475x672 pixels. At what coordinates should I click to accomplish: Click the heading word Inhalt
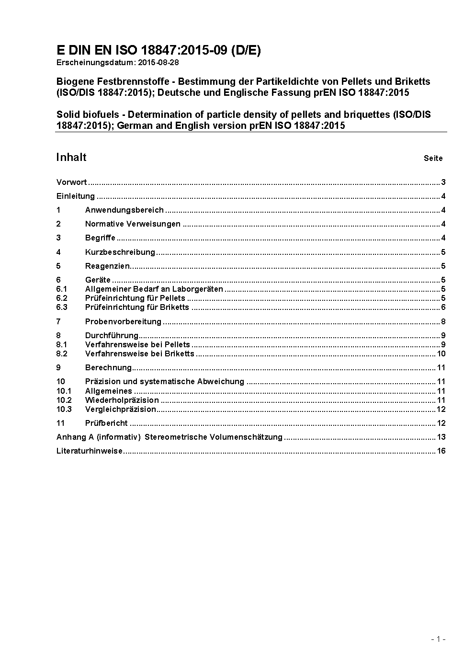[x=71, y=158]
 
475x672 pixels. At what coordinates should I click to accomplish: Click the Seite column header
[x=433, y=159]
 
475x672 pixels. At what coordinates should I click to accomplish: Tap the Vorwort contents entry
[x=71, y=182]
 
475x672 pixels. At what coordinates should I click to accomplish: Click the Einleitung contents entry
[x=76, y=196]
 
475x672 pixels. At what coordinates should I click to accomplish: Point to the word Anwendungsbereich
[x=124, y=210]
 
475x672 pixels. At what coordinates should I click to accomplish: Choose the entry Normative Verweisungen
[x=133, y=224]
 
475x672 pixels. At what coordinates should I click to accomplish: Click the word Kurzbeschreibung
[x=120, y=252]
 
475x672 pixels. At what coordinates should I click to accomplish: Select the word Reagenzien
[x=108, y=266]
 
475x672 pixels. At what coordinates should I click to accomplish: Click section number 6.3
[x=62, y=308]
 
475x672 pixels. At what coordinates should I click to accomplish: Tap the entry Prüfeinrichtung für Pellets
[x=135, y=298]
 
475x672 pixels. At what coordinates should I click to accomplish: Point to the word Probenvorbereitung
[x=123, y=321]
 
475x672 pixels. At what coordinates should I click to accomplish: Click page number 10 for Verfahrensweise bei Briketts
[x=441, y=354]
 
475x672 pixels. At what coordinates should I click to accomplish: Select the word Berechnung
[x=108, y=368]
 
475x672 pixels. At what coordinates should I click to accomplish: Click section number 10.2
[x=64, y=400]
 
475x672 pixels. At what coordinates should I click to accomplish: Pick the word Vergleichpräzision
[x=121, y=410]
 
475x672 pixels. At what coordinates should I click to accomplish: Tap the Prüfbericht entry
[x=106, y=423]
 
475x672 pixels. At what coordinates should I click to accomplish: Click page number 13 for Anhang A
[x=441, y=437]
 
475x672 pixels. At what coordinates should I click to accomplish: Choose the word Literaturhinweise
[x=90, y=451]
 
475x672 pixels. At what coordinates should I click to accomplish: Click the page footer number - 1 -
[x=438, y=639]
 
